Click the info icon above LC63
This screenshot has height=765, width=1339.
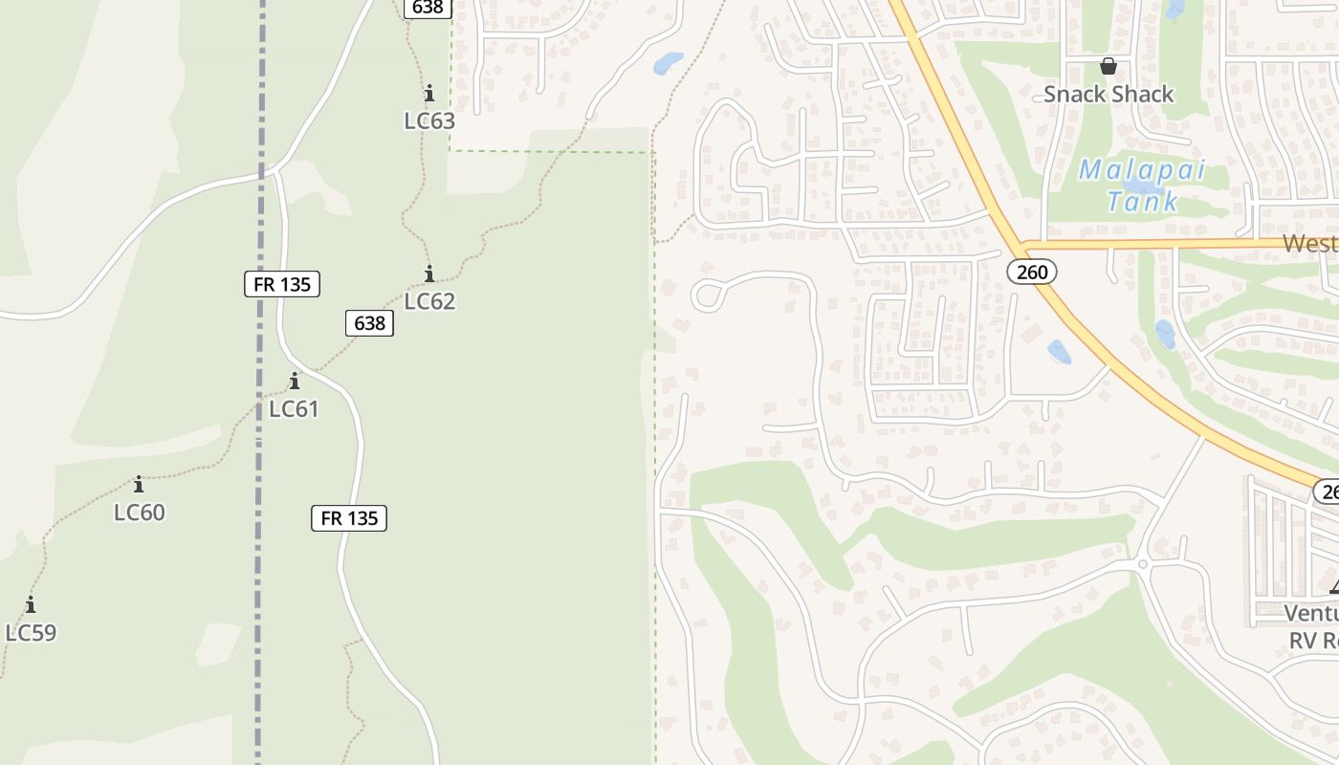point(428,94)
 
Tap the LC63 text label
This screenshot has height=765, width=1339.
point(429,121)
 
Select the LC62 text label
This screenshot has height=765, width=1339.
point(429,301)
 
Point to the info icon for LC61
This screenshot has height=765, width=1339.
point(294,381)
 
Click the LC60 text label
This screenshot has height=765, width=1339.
point(140,513)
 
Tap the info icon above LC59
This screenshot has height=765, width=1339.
point(31,604)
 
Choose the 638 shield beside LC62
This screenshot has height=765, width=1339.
point(369,323)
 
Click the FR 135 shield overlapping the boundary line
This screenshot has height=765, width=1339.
point(281,283)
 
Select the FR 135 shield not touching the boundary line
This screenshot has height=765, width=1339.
point(349,518)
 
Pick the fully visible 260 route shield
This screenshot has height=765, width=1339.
point(1032,273)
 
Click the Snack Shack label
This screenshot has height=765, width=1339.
point(1108,94)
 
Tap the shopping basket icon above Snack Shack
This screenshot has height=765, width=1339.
point(1108,66)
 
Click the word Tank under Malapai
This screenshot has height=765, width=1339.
point(1142,202)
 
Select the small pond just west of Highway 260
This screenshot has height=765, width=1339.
point(1059,352)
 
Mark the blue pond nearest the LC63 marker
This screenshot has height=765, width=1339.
point(667,64)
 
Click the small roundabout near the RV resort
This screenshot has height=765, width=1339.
point(1142,564)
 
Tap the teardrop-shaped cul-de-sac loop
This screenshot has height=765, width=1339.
point(708,295)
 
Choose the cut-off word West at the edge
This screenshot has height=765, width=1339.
point(1309,243)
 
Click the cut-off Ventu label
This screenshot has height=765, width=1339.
point(1310,613)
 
